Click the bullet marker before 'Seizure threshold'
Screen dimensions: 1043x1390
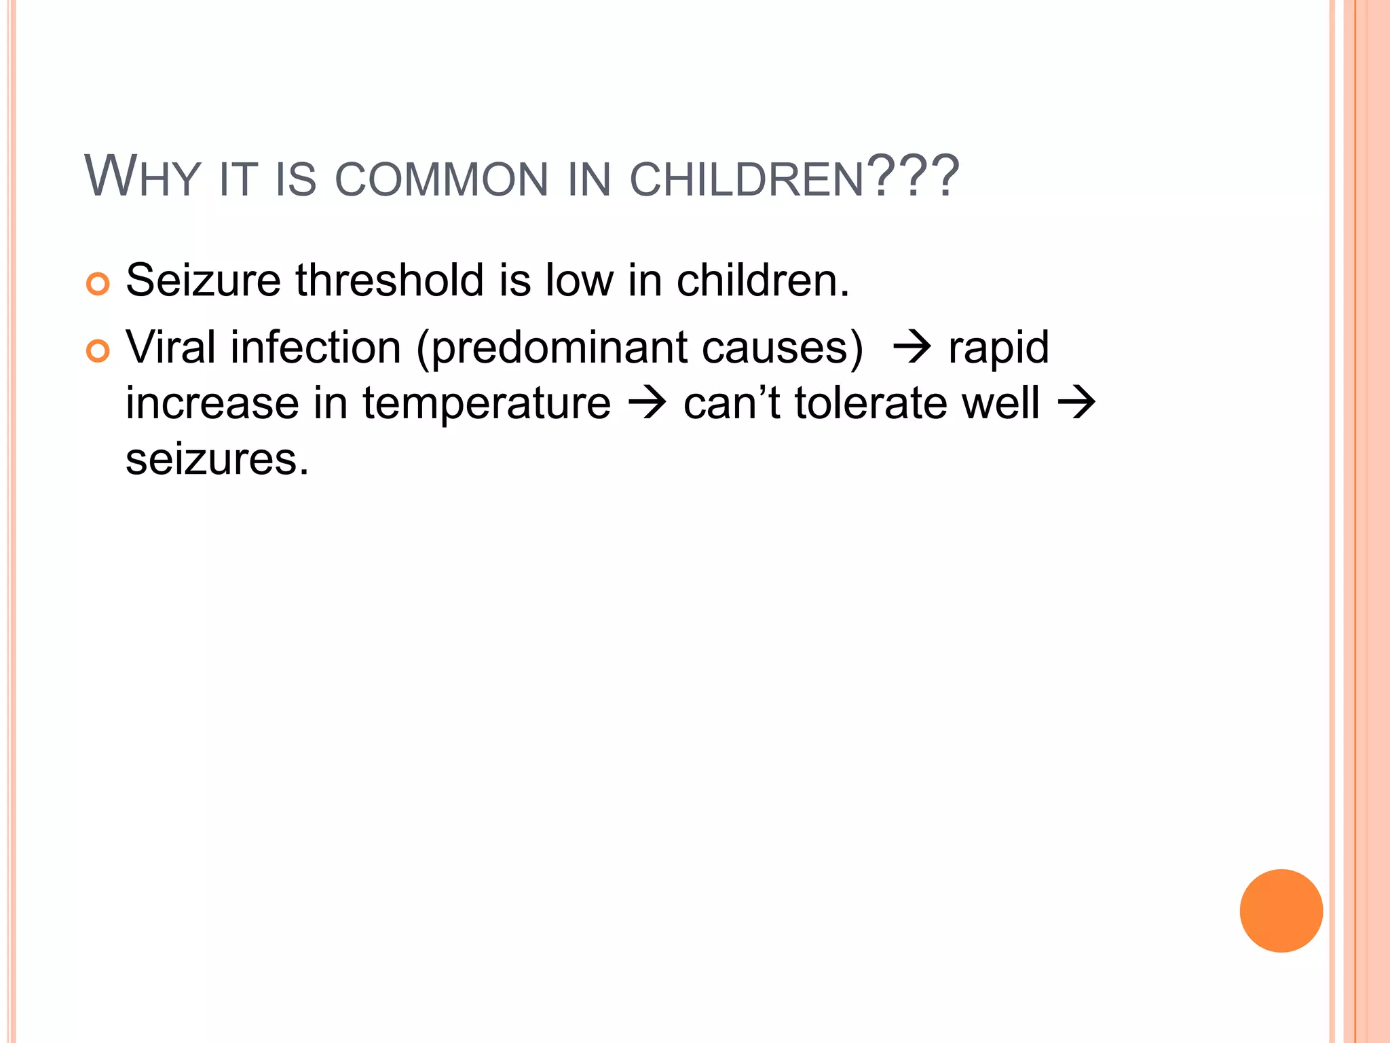click(x=98, y=284)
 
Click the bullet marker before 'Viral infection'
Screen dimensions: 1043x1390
click(x=98, y=351)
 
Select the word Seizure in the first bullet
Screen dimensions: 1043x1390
click(x=203, y=280)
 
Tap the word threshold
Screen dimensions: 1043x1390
click(x=390, y=280)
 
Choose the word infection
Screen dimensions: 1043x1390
click(x=316, y=347)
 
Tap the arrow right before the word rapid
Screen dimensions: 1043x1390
click(x=912, y=348)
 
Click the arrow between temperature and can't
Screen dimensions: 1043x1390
click(x=647, y=403)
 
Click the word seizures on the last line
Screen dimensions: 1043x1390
click(x=217, y=460)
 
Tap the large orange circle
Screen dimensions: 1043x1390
click(x=1281, y=911)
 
